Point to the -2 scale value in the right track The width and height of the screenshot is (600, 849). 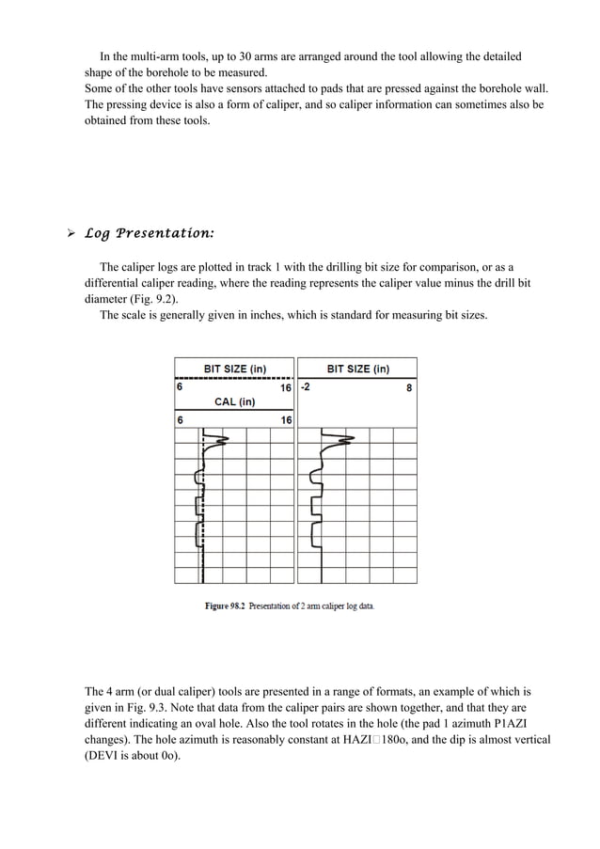(306, 386)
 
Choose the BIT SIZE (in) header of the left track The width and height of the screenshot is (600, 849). (235, 369)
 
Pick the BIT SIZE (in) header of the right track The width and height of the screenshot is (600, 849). (357, 369)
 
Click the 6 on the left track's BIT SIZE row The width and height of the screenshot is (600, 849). (179, 386)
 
